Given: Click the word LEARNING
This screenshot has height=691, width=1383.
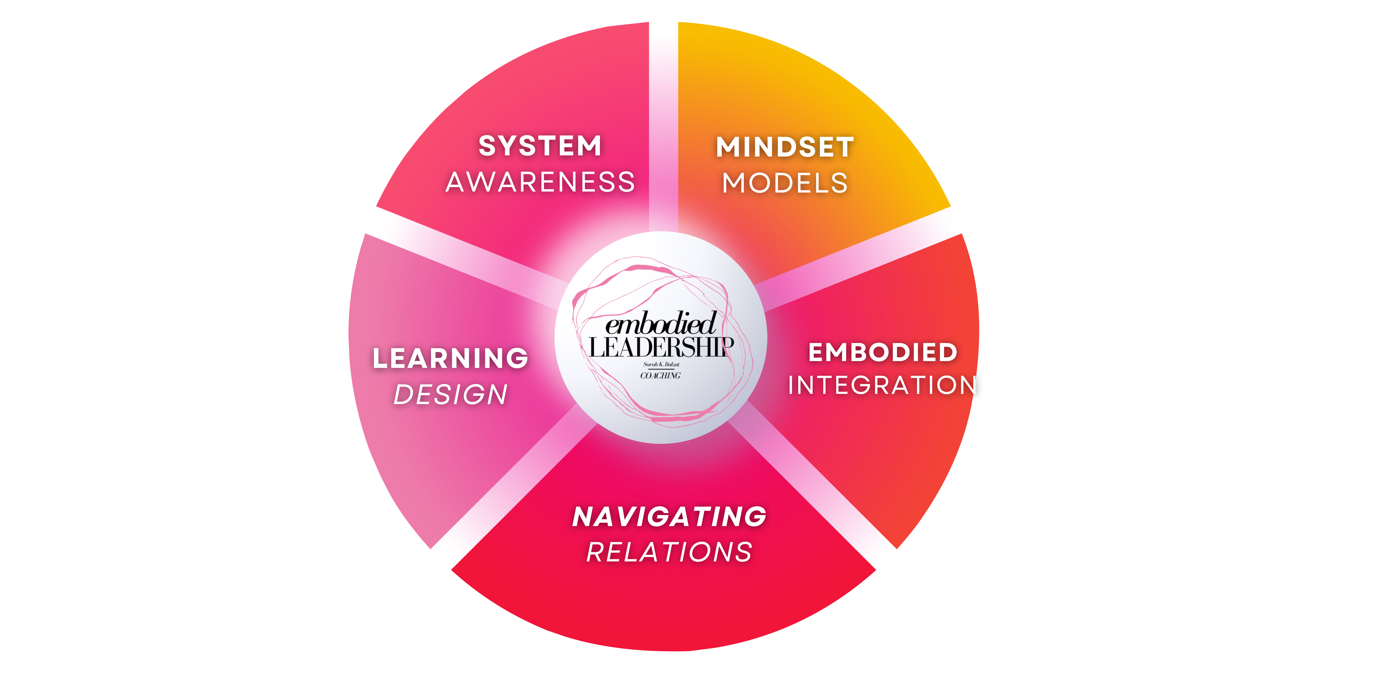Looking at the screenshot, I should [x=450, y=358].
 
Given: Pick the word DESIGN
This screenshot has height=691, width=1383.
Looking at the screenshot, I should [x=450, y=395].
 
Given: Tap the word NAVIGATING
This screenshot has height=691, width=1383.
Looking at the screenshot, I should [x=669, y=517].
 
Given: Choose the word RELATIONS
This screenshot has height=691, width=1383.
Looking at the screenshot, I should [x=669, y=553].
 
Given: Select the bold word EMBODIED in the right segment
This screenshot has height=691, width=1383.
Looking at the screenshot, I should [x=883, y=352].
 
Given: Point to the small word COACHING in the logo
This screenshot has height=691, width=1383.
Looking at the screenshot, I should [x=660, y=375].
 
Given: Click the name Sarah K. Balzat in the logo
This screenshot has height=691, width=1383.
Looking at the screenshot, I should [x=661, y=364].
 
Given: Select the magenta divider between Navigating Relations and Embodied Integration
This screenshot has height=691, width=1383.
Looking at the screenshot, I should [x=816, y=483].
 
